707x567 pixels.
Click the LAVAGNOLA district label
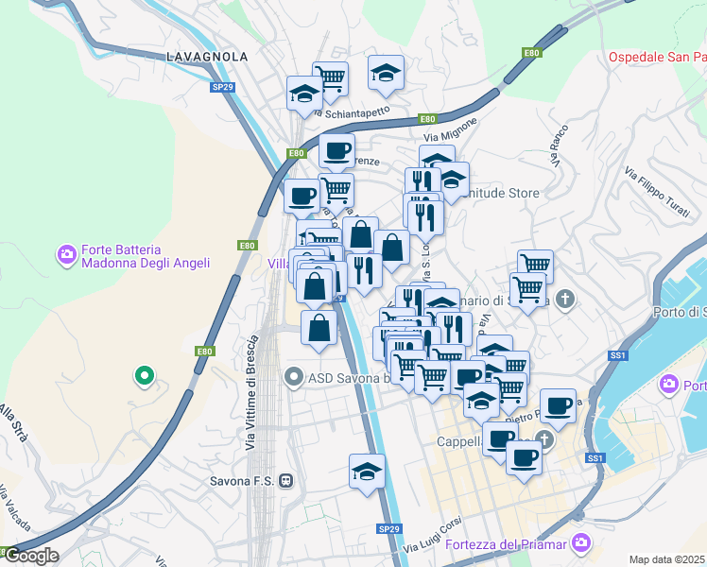[207, 57]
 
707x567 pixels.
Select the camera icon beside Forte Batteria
[67, 254]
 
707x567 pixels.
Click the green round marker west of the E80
[144, 376]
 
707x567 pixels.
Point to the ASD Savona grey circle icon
[294, 378]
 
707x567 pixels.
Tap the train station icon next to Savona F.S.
[286, 481]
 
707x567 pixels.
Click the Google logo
[31, 556]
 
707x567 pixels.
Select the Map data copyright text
[667, 559]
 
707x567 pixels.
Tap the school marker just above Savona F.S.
[368, 470]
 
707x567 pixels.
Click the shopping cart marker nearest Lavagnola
[330, 78]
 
